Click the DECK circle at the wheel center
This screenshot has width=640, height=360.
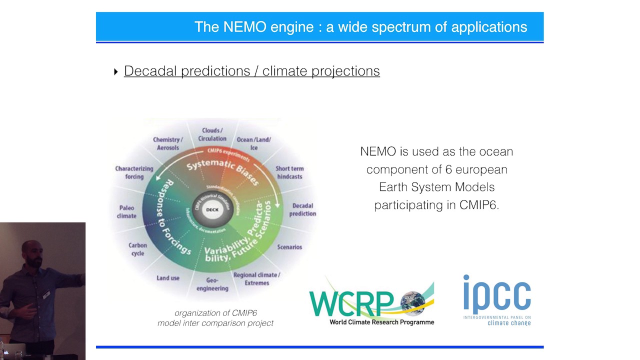click(x=212, y=209)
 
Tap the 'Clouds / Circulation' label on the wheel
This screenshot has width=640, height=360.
click(x=212, y=134)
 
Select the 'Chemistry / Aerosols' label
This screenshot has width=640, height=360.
click(x=168, y=143)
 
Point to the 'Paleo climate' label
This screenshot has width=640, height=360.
click(x=127, y=212)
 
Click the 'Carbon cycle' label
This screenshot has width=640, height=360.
click(x=137, y=249)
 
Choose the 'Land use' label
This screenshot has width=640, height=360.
click(x=168, y=278)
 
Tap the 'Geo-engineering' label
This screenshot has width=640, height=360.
click(x=212, y=284)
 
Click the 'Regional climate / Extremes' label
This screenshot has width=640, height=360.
click(x=256, y=279)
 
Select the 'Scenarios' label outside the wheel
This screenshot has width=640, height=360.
click(x=289, y=247)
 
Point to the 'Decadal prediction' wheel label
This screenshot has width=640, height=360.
click(x=302, y=209)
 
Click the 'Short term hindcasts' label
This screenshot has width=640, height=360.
click(x=289, y=172)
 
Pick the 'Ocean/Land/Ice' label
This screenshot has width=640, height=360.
click(x=254, y=143)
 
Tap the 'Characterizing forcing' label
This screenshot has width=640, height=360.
click(x=134, y=172)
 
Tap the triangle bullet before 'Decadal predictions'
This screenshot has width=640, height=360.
click(x=116, y=71)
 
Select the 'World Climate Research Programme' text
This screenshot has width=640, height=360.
click(x=381, y=322)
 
